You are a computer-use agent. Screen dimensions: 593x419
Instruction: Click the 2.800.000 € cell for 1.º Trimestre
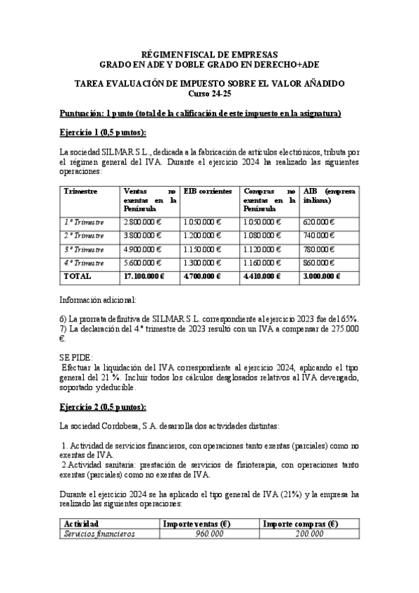(x=143, y=222)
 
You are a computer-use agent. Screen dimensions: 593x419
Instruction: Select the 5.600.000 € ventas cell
(x=143, y=263)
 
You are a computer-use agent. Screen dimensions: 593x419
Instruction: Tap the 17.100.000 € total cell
(x=144, y=276)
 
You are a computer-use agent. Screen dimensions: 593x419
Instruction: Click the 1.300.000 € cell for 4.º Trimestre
(x=201, y=263)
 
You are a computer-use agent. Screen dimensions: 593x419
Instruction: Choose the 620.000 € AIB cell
(x=319, y=222)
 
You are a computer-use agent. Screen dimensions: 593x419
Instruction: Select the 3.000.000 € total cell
(x=322, y=276)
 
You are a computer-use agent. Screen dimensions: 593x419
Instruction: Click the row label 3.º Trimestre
(x=84, y=249)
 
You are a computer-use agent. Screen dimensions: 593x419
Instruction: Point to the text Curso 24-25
(x=209, y=94)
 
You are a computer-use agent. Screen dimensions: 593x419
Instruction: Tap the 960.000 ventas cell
(x=208, y=534)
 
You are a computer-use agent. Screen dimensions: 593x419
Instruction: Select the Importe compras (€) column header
(x=301, y=523)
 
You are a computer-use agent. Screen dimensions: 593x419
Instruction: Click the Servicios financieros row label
(x=99, y=534)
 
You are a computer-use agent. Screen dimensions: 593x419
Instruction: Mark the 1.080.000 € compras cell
(x=262, y=235)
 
